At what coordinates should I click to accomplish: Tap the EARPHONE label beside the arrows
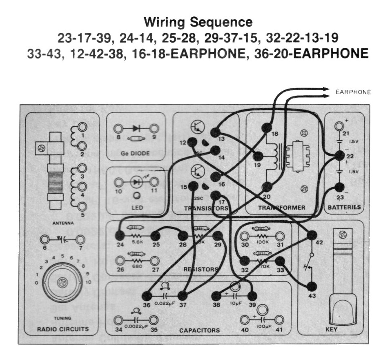(353, 92)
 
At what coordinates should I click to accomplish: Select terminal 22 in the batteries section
(339, 156)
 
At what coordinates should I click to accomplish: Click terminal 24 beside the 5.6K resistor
(120, 236)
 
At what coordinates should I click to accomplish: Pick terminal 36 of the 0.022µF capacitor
(147, 295)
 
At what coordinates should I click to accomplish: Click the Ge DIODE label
(136, 154)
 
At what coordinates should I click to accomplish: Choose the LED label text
(135, 208)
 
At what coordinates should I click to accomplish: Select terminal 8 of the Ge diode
(118, 128)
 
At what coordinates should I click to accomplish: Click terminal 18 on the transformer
(267, 127)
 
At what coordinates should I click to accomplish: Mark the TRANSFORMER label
(281, 208)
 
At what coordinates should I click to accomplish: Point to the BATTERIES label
(344, 207)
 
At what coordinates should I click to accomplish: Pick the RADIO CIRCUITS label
(62, 329)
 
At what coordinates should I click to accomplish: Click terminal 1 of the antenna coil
(82, 127)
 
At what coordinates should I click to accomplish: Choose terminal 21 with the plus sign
(339, 127)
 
